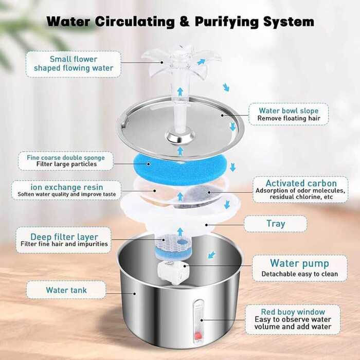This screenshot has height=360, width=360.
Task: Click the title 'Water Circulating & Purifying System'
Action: point(180,22)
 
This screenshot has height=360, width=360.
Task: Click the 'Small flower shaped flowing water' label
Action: point(74,64)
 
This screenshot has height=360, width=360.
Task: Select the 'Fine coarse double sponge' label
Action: point(65,160)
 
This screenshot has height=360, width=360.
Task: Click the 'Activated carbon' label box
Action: point(300,189)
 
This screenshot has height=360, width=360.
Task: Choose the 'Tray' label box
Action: point(276,224)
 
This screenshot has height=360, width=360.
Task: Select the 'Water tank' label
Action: point(66,290)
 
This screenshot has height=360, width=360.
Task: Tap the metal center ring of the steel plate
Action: point(180,137)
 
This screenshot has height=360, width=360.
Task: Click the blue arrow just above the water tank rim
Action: point(211,255)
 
